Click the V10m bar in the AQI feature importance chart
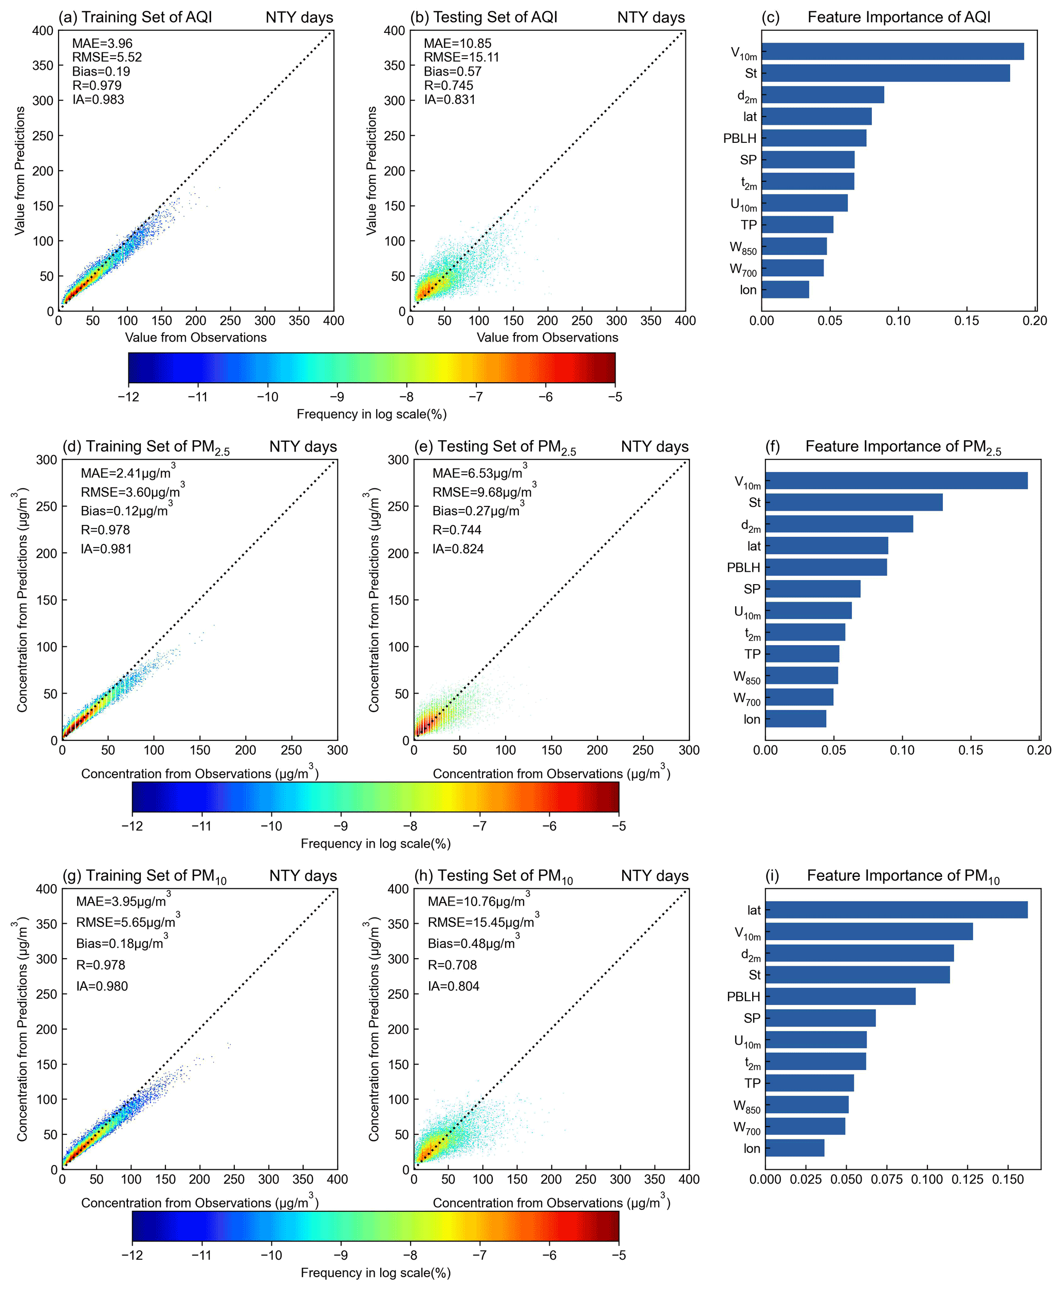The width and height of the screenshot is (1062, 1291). tap(892, 51)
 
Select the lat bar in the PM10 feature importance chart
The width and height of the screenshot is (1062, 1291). tap(896, 909)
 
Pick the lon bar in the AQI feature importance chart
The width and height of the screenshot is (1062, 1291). tap(785, 289)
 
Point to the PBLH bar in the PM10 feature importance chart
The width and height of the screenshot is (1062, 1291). tap(840, 996)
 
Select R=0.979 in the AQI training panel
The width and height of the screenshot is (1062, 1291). tap(97, 86)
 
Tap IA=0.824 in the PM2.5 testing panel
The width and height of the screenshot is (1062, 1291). tap(458, 549)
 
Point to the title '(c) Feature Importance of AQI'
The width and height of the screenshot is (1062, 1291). tap(875, 17)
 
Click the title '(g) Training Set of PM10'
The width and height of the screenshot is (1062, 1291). tap(144, 876)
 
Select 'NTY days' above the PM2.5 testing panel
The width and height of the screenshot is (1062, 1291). tap(655, 446)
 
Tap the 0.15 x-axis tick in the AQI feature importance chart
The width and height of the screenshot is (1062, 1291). tap(966, 321)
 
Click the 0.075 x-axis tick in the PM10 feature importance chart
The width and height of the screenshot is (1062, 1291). tap(886, 1179)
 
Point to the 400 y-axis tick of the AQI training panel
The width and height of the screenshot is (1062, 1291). tap(43, 31)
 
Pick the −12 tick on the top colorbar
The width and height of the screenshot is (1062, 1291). tap(128, 397)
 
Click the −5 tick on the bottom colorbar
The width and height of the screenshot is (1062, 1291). tap(619, 1255)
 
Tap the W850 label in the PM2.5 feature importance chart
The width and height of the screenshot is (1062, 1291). tap(747, 677)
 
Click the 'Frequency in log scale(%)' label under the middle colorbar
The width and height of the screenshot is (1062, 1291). tap(375, 844)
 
